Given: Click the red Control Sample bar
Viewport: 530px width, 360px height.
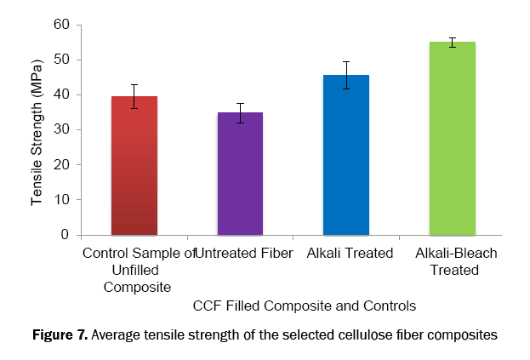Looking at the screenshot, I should point(134,166).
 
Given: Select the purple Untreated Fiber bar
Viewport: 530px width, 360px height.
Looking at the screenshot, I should point(240,174).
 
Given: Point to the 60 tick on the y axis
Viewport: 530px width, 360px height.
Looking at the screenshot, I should point(60,25).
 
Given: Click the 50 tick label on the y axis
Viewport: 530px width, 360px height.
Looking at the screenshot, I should point(60,60).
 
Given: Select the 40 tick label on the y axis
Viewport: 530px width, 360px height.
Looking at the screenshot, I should point(60,94).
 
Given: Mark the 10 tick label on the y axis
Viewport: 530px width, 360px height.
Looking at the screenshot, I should point(60,199).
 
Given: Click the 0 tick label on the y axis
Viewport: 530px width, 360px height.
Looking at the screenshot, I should point(64,235).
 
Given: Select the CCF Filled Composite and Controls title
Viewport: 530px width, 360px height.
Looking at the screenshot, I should point(304,304).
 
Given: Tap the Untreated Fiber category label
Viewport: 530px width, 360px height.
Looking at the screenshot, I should point(245,254).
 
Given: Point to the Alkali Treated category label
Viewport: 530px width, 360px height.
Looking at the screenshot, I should point(351,254).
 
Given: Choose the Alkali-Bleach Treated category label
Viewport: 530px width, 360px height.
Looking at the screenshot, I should point(456,261).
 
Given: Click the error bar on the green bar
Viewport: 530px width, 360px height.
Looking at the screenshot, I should point(452,43).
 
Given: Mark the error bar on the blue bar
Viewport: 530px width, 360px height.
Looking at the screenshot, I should point(346,75).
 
